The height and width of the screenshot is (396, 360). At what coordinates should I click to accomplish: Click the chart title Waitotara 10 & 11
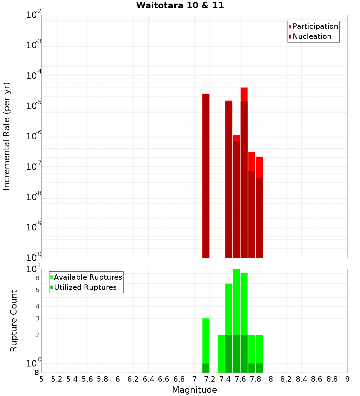click(180, 5)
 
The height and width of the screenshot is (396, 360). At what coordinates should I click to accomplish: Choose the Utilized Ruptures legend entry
click(85, 287)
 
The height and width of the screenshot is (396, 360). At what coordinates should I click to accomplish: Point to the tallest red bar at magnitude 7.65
click(244, 173)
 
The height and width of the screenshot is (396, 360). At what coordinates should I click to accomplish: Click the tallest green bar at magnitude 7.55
click(237, 320)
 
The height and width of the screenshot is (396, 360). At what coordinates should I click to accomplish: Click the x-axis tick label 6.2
click(133, 379)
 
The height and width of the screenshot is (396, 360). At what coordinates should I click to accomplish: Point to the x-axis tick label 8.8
click(332, 379)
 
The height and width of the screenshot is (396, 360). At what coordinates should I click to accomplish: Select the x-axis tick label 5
click(41, 379)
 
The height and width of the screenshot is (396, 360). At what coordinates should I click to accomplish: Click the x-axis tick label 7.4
click(225, 379)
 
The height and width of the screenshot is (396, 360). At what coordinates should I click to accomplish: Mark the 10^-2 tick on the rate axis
click(34, 15)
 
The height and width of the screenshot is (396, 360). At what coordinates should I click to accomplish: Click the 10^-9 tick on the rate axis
click(34, 227)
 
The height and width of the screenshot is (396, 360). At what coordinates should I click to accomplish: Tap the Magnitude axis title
click(194, 390)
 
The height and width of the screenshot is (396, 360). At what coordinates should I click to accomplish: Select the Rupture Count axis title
click(14, 320)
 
